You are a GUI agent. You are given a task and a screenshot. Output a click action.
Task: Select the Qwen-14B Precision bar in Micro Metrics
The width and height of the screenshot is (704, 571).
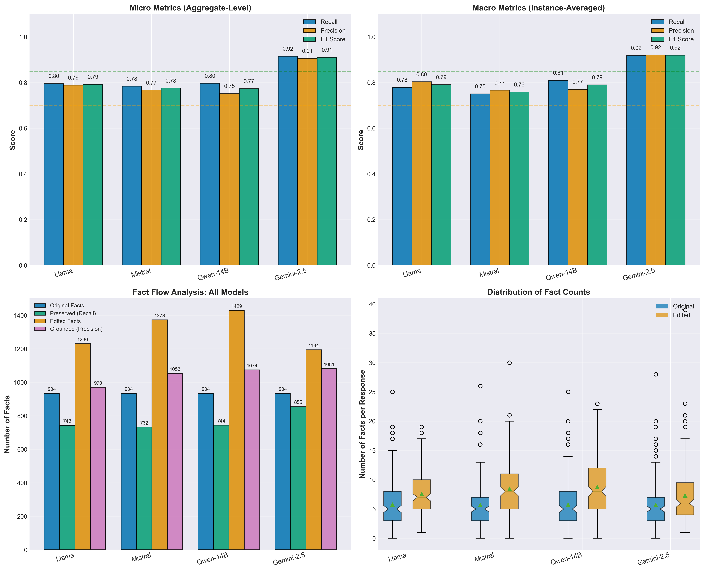229,179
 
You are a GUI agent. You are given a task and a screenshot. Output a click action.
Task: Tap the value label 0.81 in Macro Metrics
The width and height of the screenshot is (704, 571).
558,73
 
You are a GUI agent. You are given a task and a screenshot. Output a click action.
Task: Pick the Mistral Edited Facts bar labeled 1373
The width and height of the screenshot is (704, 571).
160,434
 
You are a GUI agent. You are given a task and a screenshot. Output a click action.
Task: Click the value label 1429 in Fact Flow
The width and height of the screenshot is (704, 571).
237,306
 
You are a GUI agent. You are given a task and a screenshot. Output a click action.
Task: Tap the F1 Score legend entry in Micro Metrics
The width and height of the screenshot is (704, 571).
332,39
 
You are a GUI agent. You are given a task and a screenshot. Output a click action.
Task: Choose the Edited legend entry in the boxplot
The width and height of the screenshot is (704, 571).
681,315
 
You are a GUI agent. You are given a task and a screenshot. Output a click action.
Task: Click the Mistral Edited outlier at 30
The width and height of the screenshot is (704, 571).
509,363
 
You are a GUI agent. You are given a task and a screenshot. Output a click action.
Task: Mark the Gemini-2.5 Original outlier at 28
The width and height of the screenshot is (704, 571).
656,374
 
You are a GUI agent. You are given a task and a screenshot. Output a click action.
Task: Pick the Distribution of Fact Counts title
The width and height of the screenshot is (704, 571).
539,292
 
